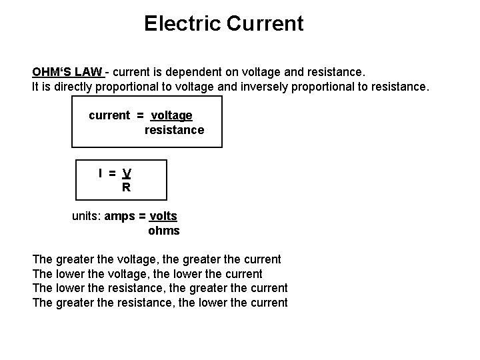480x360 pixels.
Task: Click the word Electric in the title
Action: point(182,24)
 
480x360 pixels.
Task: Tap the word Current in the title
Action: point(265,24)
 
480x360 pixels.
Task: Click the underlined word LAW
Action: point(89,71)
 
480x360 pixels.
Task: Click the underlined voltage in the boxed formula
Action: point(171,115)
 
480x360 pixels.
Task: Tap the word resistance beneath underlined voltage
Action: point(174,130)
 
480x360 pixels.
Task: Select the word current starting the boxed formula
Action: point(109,115)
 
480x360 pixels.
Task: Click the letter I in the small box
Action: point(101,173)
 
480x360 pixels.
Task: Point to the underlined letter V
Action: point(127,173)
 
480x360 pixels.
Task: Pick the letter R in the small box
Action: point(126,188)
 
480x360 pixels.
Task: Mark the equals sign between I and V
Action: point(113,173)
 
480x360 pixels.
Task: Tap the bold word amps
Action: point(120,217)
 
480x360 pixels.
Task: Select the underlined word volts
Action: point(163,217)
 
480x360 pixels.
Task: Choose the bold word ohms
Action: point(163,231)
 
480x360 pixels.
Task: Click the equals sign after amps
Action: point(143,217)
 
